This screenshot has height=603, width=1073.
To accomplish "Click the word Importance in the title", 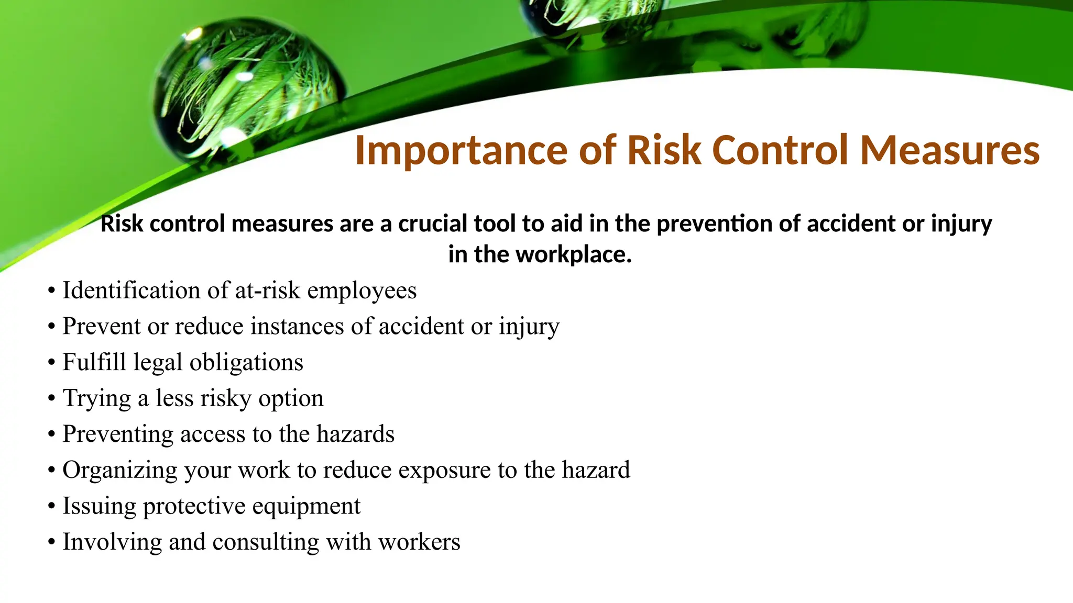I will (x=461, y=151).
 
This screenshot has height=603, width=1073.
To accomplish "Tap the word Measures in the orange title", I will (x=949, y=151).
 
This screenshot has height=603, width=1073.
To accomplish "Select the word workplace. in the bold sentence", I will (x=573, y=255).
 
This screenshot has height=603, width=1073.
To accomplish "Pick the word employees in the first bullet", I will (x=362, y=291).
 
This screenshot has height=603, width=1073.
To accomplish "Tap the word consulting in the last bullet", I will (x=265, y=542).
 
